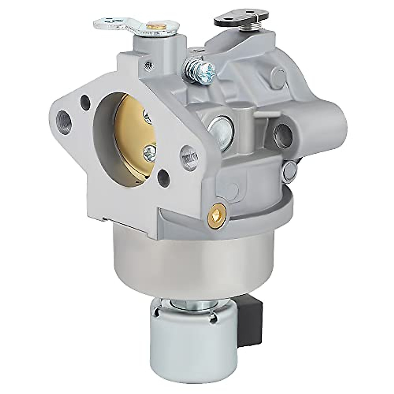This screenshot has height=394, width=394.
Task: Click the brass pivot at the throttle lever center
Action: coord(152,26)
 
